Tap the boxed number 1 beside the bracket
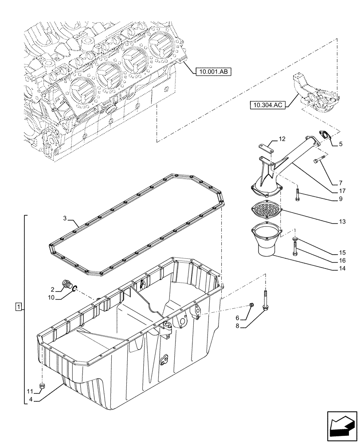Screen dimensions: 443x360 click(x=18, y=307)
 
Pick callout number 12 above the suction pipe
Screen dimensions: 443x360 click(x=282, y=139)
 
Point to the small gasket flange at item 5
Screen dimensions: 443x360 click(x=325, y=136)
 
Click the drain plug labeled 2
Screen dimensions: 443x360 click(x=68, y=284)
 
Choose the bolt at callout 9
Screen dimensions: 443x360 click(x=297, y=194)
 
